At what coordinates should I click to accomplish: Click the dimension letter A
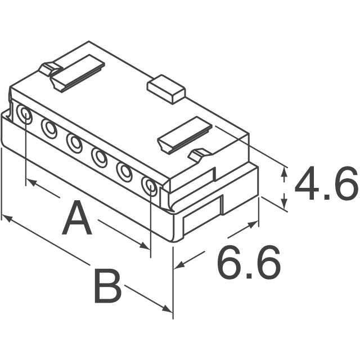coord(76,220)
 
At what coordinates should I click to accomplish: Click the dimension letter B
coord(107,286)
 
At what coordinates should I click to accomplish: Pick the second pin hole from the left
coord(49,129)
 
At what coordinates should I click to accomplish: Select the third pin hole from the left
coord(75,142)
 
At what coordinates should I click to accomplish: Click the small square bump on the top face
coord(166,89)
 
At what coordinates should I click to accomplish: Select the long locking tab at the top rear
coord(78,72)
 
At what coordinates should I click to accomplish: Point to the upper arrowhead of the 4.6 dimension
coord(285,170)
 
